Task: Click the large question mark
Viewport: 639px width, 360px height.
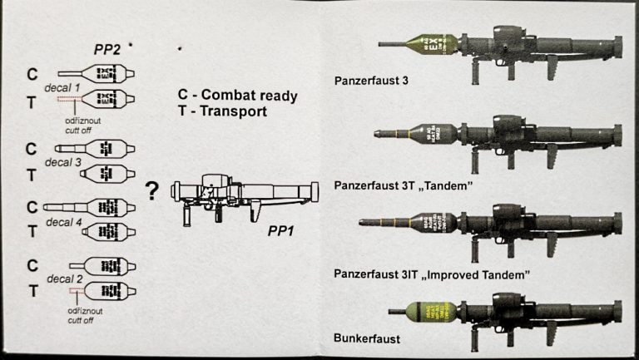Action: [x=152, y=193]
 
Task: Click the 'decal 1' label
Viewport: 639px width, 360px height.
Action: [x=65, y=86]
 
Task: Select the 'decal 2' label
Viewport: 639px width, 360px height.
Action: [x=65, y=279]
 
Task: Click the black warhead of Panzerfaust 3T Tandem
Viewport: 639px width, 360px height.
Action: [x=441, y=133]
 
